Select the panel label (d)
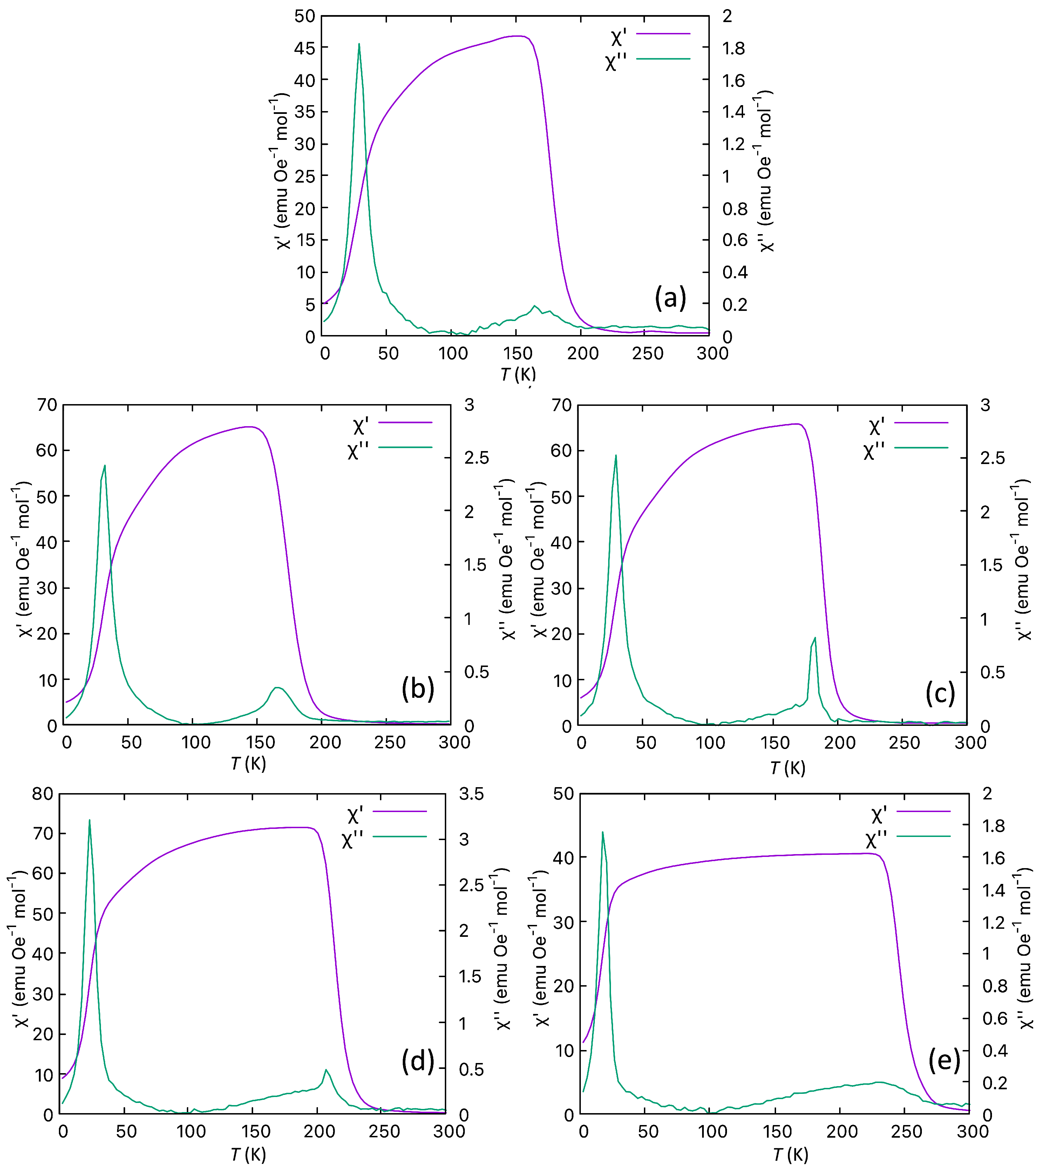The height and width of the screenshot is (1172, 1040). tap(417, 1061)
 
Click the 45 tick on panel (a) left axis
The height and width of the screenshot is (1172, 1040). tap(305, 48)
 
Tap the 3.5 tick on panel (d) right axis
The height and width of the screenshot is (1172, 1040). tap(471, 794)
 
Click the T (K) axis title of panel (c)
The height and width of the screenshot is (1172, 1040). tap(788, 768)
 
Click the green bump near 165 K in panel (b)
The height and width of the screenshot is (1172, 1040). tap(278, 688)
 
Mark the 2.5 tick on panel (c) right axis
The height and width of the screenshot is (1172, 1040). tap(992, 458)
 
